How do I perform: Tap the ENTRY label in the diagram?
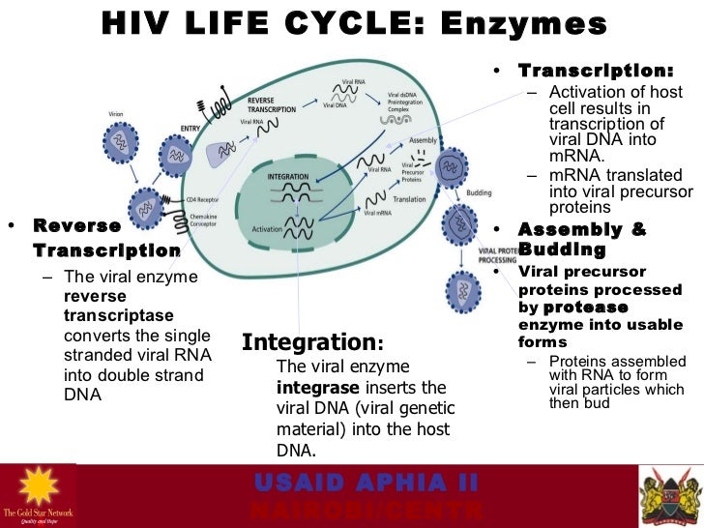tap(191, 127)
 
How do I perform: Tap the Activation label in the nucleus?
tap(268, 229)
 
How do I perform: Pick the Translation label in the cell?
tap(410, 199)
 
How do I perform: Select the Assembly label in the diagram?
tap(424, 140)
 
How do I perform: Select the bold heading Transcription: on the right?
tap(596, 72)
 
